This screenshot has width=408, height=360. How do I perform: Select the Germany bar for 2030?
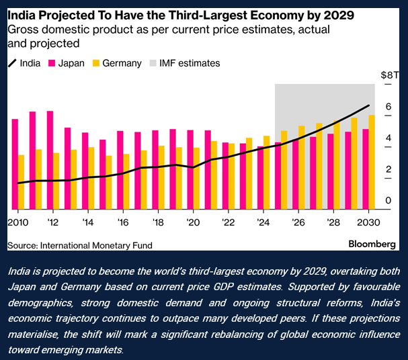point(372,162)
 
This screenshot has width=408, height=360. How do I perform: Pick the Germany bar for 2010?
point(22,182)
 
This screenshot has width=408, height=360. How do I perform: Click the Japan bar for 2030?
point(365,169)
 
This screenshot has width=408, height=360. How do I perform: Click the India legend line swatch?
point(12,63)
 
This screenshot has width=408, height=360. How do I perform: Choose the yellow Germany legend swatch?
point(97,63)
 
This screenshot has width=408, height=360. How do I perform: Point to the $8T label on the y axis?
point(387,75)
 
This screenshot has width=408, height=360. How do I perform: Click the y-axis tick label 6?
point(388,107)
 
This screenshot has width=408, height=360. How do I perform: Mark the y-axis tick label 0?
point(388,201)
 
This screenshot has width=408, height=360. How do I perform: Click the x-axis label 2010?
point(18,222)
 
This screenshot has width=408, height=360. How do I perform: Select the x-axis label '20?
point(192,222)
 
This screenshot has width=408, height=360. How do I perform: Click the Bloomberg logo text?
point(372,244)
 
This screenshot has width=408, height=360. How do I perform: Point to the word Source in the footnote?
point(22,245)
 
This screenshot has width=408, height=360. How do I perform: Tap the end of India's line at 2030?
point(369,105)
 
